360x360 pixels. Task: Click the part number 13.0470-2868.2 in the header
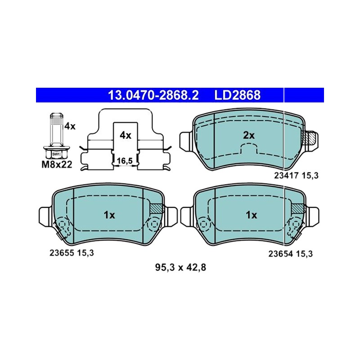(x=153, y=95)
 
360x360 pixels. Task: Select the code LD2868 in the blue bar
(x=238, y=95)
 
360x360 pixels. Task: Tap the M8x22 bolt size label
(x=57, y=164)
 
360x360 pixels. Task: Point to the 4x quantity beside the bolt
(x=70, y=126)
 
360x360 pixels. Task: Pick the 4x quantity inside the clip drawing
(x=126, y=135)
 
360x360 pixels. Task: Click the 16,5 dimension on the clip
(x=125, y=161)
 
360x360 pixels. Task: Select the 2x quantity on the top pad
(x=249, y=135)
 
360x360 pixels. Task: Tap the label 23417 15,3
(x=296, y=175)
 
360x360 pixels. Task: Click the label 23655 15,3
(x=72, y=253)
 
